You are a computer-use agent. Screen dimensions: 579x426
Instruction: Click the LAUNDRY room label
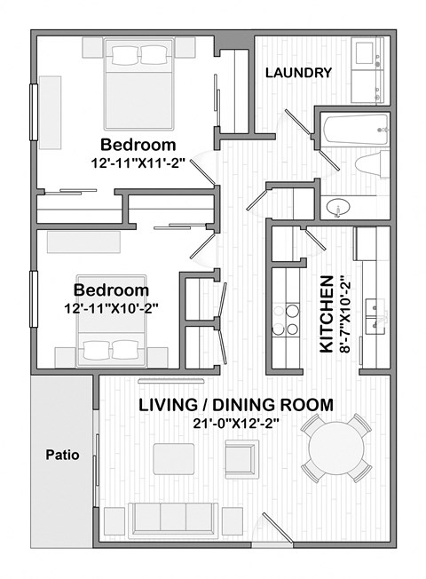coord(298,73)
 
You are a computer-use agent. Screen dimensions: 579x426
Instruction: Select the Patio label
coord(62,456)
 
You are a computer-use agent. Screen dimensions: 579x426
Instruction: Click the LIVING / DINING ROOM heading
coord(236,405)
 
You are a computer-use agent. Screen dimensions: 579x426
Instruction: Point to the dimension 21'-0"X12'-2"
coord(236,424)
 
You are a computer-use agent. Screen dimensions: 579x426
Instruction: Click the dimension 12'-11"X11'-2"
coord(137,163)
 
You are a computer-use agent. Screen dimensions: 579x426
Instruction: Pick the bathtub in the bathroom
coord(354,134)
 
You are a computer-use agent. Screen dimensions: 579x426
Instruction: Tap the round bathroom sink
coord(337,208)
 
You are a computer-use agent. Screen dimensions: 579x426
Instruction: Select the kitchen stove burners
coord(288,320)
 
